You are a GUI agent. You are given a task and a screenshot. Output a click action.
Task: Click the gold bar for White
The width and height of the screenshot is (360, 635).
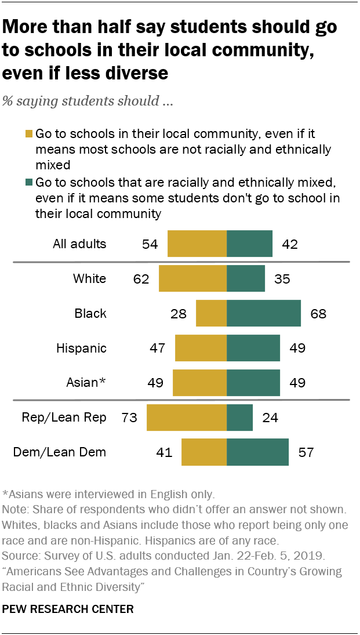[x=192, y=278]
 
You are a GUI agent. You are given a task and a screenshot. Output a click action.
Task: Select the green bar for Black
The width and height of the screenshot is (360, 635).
[x=263, y=314]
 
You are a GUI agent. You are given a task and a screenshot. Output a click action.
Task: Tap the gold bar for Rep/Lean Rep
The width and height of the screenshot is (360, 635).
[x=186, y=418]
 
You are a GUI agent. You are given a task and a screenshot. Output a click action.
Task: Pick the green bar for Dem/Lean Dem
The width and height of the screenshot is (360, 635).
[x=257, y=452]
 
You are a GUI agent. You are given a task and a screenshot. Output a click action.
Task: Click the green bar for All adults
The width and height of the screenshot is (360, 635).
[x=249, y=244]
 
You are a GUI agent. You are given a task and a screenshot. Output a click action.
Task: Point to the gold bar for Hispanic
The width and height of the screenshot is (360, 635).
[x=201, y=348]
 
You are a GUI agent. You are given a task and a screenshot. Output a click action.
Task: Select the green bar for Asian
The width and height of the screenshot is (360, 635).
[x=253, y=383]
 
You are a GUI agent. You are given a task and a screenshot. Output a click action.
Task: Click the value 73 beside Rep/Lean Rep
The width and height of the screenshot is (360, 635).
[x=129, y=418]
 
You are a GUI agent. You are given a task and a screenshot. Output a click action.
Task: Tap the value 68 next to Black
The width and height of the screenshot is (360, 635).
[x=318, y=314]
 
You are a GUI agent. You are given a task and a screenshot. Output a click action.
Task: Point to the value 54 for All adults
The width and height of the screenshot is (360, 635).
[x=150, y=244]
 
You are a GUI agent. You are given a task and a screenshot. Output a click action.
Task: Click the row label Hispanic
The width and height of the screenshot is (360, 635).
[x=81, y=348]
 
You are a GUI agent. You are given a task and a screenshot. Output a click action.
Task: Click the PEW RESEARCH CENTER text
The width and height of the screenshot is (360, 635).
[x=68, y=609]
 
